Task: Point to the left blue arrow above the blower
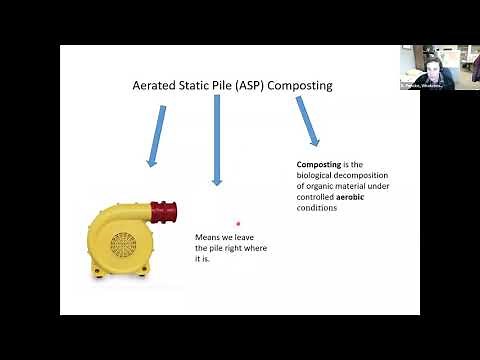click(156, 135)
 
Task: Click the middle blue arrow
click(216, 140)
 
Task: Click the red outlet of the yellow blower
click(164, 211)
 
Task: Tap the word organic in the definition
click(318, 185)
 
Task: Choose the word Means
click(207, 237)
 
